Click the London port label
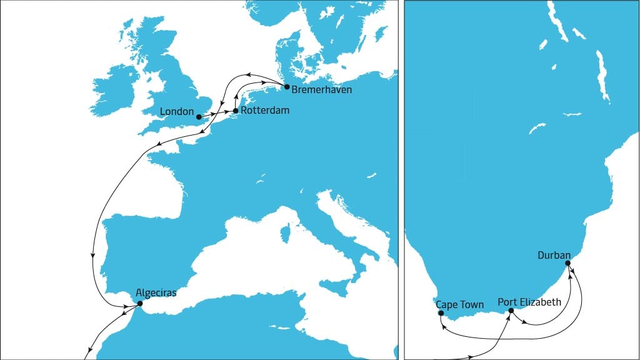pos(177,112)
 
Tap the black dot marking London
pos(199,117)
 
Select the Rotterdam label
pos(265,111)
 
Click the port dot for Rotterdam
pos(235,111)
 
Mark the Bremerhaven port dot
pos(286,86)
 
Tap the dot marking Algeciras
pos(139,304)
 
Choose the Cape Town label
pos(459,305)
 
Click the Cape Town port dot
pos(441,313)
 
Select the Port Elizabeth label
pos(529,302)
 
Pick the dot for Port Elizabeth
pos(511,311)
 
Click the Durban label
pos(554,255)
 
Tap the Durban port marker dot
pos(567,263)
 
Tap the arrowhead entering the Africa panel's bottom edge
pos(468,358)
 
